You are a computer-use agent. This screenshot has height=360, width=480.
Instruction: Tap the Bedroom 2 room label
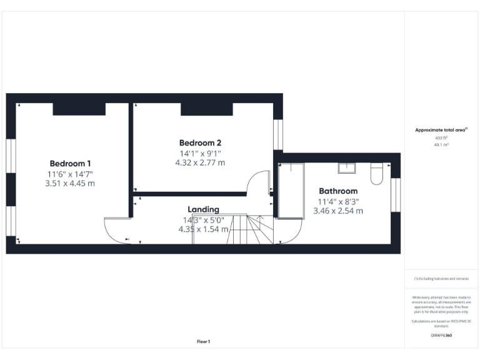pos(200,142)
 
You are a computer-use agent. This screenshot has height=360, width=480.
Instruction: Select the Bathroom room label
pos(338,191)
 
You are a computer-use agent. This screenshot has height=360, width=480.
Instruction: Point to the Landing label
pos(203,209)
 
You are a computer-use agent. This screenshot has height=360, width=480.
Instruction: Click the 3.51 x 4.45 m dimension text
pos(70,184)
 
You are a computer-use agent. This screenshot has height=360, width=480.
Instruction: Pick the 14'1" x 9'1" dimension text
pos(200,152)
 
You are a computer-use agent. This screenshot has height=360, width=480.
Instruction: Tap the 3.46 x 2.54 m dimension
pos(338,211)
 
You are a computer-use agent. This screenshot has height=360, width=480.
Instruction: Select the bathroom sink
pos(347,167)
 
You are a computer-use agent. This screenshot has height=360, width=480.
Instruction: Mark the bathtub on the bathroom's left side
pos(291,191)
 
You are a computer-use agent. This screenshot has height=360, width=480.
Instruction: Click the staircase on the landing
pos(250,229)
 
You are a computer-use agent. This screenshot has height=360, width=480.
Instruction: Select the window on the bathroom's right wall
pos(394,194)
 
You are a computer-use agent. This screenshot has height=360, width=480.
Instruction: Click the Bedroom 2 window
pos(278,133)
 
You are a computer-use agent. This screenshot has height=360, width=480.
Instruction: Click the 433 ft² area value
pos(441,137)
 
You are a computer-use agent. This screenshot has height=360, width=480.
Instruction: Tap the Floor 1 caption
pos(203,341)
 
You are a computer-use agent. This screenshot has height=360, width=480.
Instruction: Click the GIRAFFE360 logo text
pos(441,336)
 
